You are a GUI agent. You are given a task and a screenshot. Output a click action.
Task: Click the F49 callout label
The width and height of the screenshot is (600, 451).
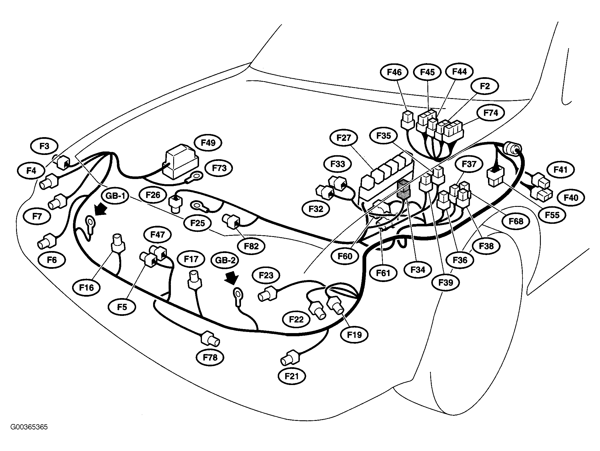click(208, 143)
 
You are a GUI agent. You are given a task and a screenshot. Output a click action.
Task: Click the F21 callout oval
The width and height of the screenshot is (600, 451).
click(292, 376)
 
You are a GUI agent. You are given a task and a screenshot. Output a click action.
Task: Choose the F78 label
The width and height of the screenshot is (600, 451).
click(210, 357)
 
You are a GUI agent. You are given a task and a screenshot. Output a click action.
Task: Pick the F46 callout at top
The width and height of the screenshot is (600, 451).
click(394, 72)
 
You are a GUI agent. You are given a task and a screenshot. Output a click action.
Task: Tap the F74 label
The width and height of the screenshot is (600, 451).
click(491, 113)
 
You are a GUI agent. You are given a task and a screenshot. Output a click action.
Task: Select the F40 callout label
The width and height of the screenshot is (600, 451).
click(571, 197)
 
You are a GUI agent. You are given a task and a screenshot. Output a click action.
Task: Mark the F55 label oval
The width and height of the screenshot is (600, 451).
click(552, 215)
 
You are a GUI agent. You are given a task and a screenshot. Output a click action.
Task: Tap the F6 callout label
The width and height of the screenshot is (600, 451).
click(52, 260)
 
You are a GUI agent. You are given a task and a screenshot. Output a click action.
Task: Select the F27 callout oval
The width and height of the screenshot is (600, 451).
click(344, 138)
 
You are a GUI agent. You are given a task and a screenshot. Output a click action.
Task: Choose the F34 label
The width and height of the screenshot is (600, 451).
click(418, 269)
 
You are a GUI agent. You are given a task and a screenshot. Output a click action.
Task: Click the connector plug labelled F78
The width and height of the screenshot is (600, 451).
click(211, 339)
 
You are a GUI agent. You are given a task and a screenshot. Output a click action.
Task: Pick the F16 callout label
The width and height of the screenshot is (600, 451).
click(87, 287)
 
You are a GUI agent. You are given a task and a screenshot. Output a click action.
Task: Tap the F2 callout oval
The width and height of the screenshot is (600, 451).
click(485, 86)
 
